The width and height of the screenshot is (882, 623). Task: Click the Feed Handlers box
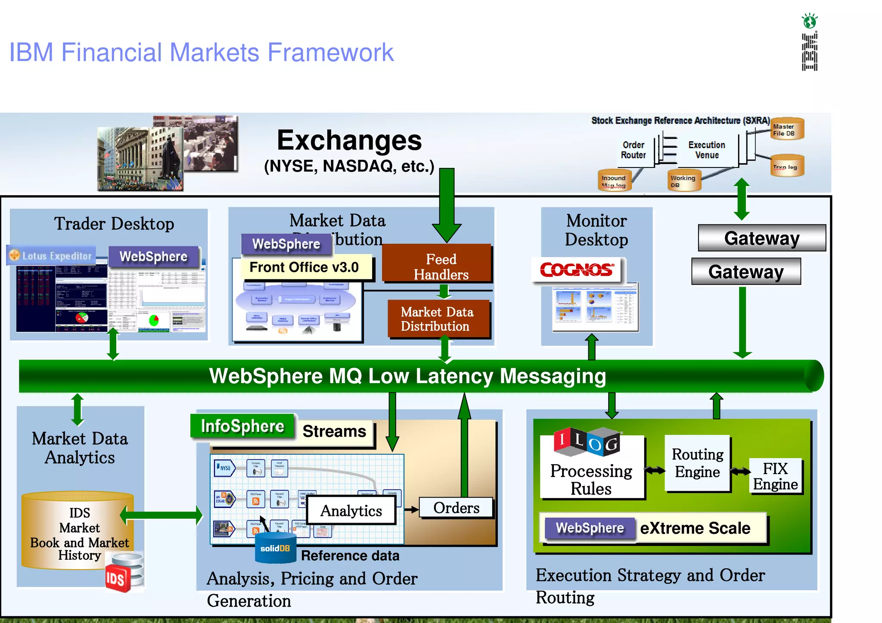click(437, 263)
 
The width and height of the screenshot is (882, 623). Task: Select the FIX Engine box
click(776, 476)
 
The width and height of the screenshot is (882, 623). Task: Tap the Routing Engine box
click(697, 463)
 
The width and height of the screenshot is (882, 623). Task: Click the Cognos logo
click(576, 270)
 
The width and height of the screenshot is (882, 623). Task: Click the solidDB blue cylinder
click(275, 548)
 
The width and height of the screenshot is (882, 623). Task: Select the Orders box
click(456, 508)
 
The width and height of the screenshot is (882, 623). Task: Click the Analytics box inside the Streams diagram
click(351, 510)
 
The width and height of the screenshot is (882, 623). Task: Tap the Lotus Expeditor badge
click(51, 255)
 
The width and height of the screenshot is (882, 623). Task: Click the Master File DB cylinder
click(786, 129)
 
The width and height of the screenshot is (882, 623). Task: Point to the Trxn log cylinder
click(786, 167)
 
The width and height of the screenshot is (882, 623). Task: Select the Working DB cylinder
click(684, 180)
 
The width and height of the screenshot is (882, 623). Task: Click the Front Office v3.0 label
click(304, 267)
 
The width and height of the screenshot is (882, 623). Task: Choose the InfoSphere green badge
click(242, 426)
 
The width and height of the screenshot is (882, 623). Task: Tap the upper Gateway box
click(761, 238)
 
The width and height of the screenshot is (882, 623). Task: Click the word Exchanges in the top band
click(349, 140)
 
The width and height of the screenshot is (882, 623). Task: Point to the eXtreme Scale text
click(695, 528)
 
